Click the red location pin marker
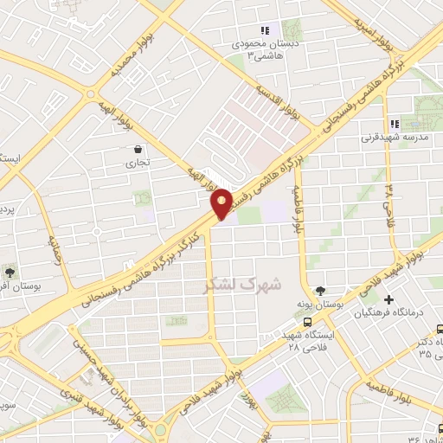pos(222,202)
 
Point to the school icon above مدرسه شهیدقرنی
pos(395,124)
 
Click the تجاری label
pos(138,163)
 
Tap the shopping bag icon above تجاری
pos(138,149)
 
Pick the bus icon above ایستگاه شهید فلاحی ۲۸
pos(284,322)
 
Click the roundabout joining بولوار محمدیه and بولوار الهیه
pos(90,94)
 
